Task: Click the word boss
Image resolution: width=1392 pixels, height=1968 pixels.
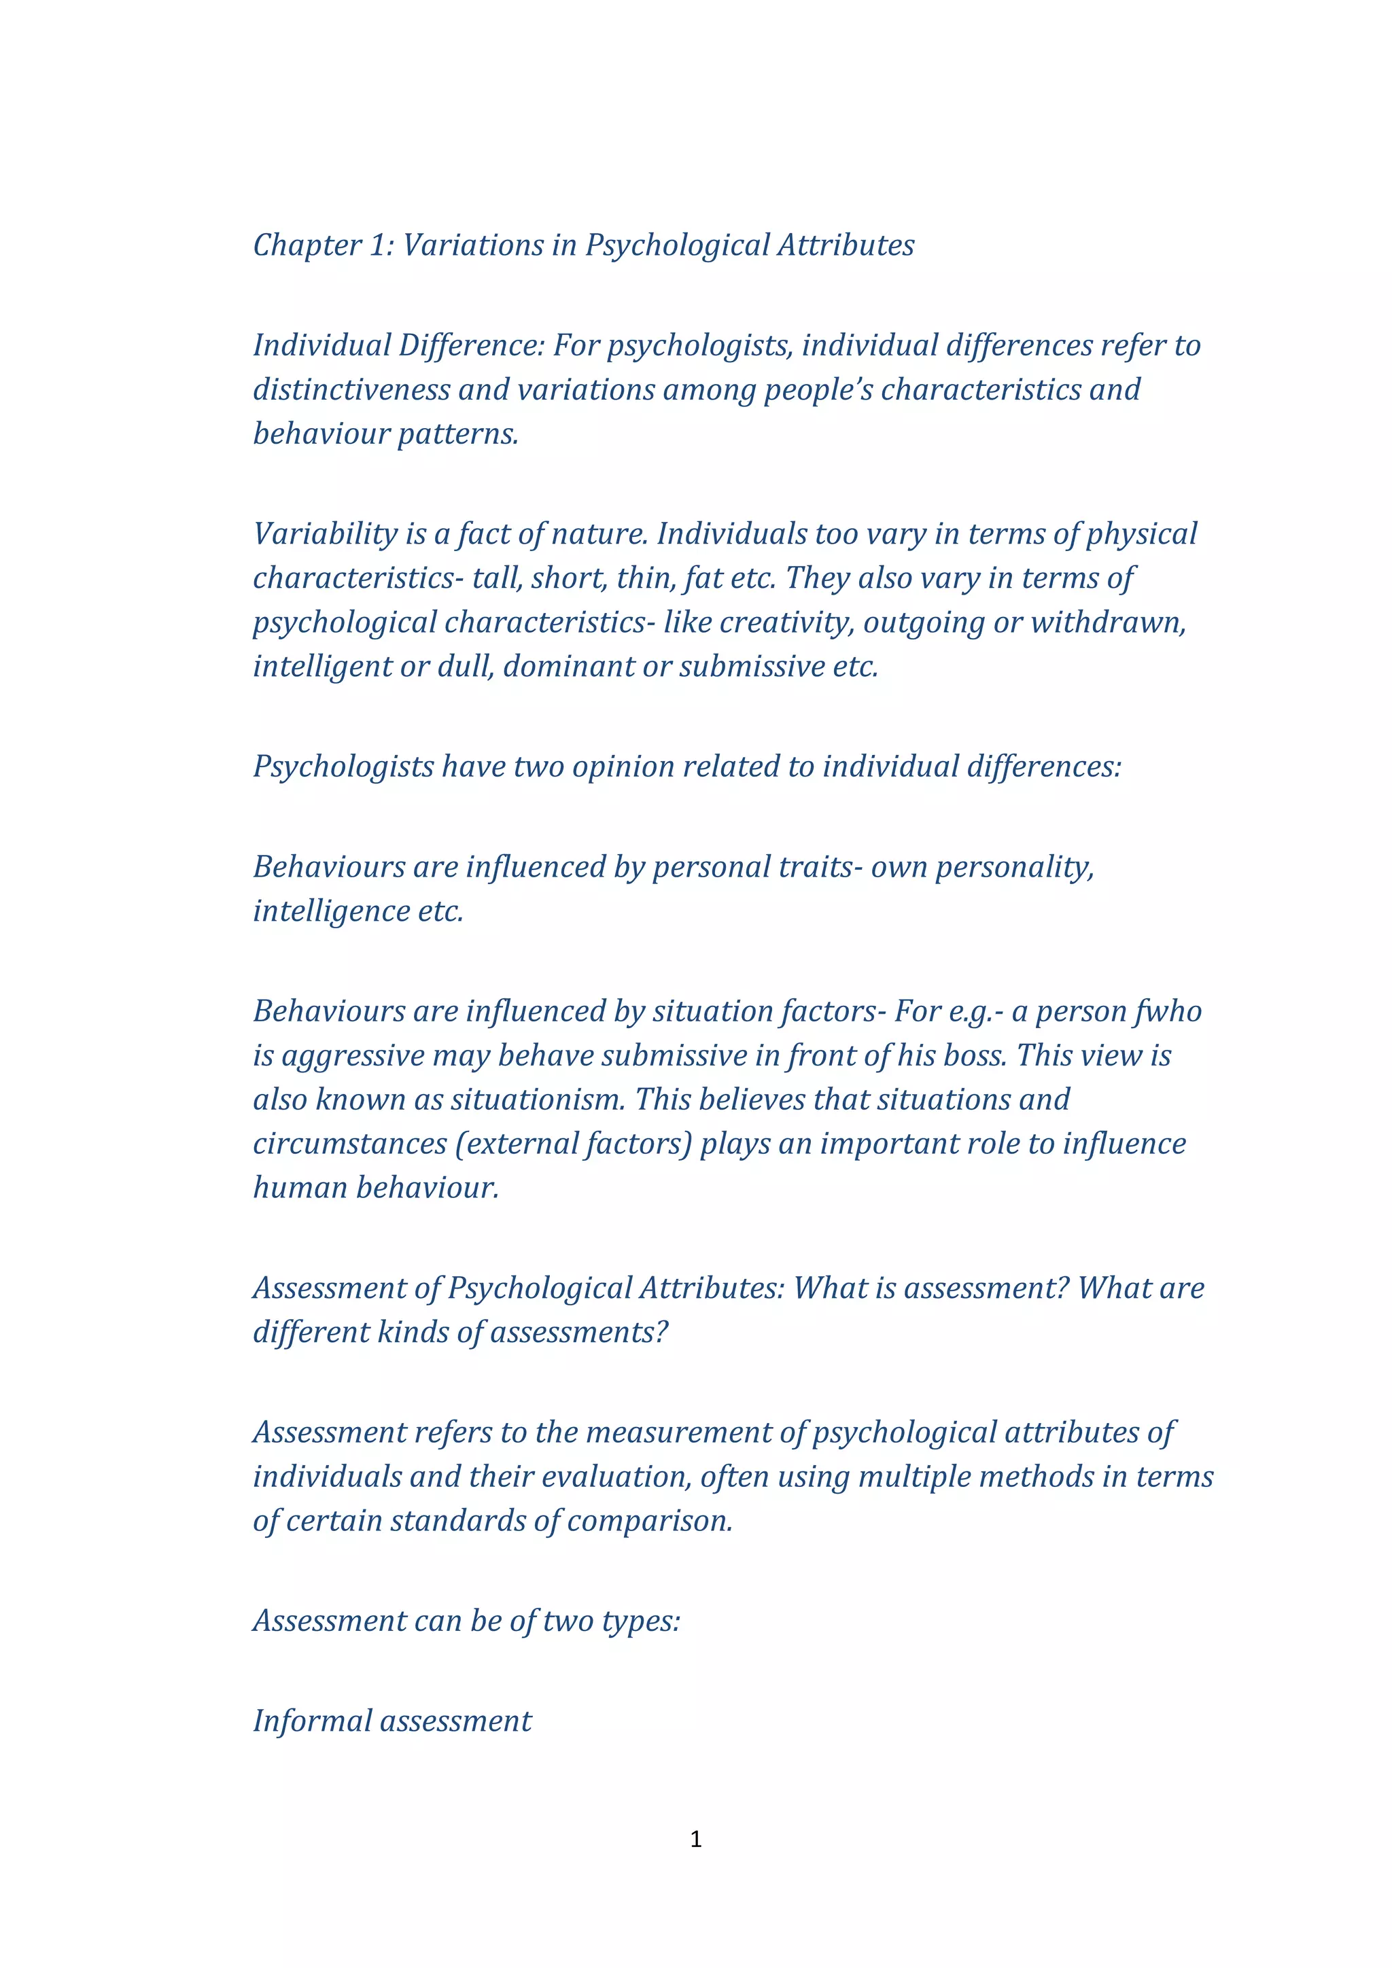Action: [974, 1056]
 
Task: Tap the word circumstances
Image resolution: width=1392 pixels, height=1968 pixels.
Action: [350, 1144]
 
